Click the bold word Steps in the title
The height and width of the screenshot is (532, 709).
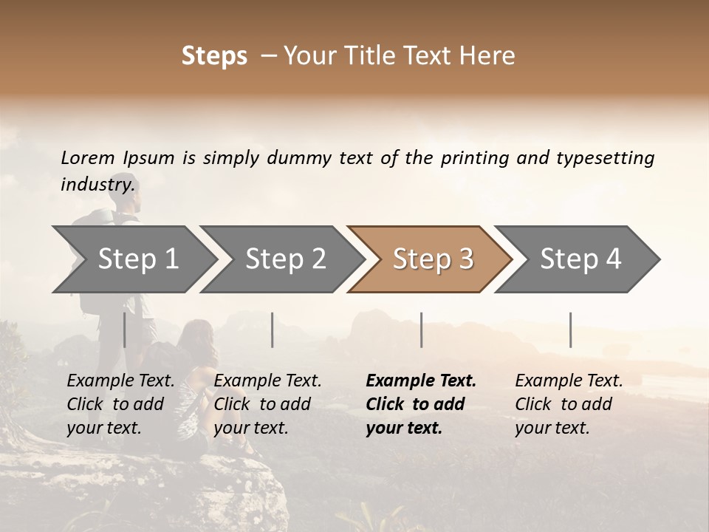tap(214, 56)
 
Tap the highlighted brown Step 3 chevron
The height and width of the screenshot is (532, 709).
tap(433, 259)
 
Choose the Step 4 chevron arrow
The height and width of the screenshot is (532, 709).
tap(580, 259)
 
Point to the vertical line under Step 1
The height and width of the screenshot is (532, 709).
tap(124, 330)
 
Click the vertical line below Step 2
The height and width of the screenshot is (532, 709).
tap(273, 330)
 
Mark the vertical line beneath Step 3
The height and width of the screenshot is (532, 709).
tap(421, 330)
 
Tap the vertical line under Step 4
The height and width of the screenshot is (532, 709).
tap(570, 330)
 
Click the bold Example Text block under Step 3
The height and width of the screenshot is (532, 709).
tap(421, 404)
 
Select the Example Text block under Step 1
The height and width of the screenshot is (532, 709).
tap(120, 404)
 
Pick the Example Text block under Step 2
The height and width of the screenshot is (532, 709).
tap(267, 404)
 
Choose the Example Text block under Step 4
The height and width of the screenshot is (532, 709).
tap(569, 404)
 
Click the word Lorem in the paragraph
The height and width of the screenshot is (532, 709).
tap(87, 157)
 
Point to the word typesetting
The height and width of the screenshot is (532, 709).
tap(604, 158)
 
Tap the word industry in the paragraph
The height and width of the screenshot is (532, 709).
tap(97, 184)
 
